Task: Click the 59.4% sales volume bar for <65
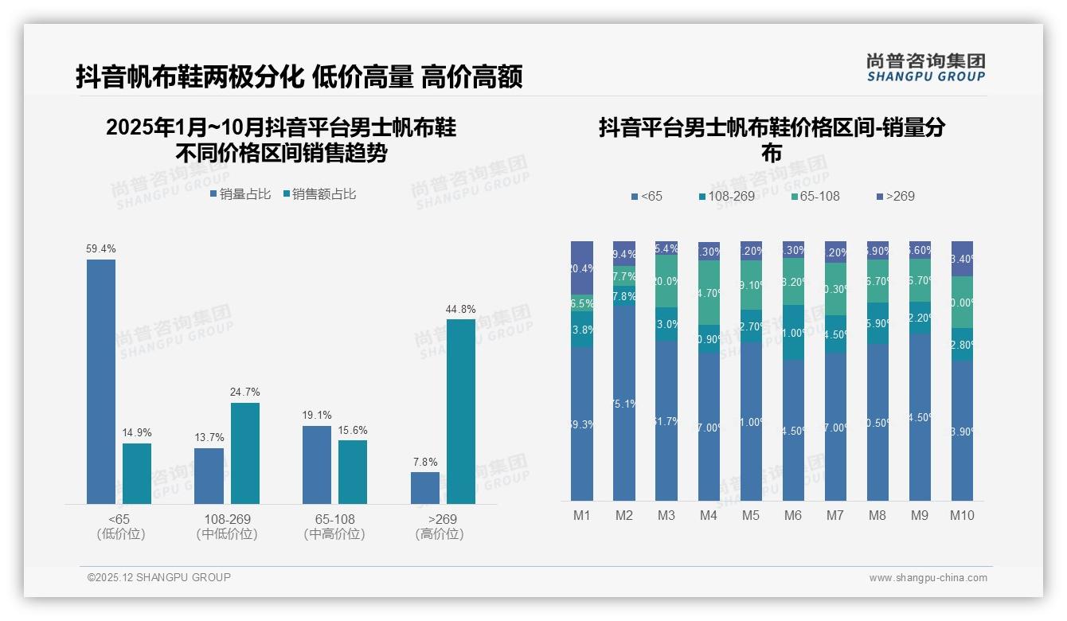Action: [101, 381]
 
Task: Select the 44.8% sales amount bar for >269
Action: [460, 412]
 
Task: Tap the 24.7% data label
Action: [245, 392]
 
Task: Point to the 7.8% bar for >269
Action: [425, 488]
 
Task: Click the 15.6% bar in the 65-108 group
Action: [353, 471]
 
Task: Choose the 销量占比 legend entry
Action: [240, 194]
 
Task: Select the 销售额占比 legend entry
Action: [319, 194]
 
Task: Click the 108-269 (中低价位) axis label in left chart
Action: [227, 526]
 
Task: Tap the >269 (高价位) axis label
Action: [439, 526]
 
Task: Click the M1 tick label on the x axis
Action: [582, 515]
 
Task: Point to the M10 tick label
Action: [962, 515]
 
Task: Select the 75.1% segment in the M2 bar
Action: [624, 404]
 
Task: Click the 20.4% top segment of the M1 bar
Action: [582, 268]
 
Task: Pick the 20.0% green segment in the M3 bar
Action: [666, 281]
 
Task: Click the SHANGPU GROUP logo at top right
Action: [925, 68]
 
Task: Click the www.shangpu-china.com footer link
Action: [928, 578]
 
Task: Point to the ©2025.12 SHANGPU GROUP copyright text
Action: [159, 577]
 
